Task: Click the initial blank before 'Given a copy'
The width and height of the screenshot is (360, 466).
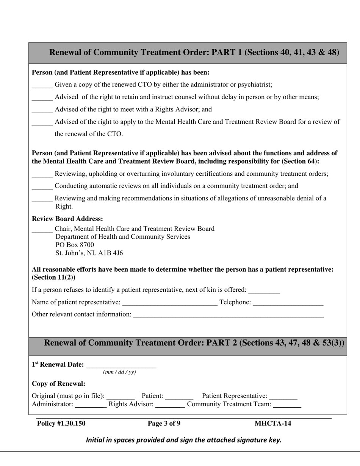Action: click(x=42, y=86)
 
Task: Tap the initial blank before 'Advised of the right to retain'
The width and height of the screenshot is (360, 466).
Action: click(x=42, y=98)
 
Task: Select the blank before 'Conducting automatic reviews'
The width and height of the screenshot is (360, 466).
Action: click(x=42, y=187)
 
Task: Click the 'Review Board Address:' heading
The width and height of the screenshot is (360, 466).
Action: click(x=67, y=219)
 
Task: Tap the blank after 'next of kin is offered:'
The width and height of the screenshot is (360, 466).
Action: click(x=264, y=291)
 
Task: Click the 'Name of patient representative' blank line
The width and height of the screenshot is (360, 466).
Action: click(x=170, y=303)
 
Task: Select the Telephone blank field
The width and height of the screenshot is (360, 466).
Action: click(x=288, y=303)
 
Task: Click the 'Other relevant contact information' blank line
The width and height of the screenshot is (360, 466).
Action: click(x=229, y=315)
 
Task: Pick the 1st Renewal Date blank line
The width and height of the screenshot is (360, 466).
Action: click(x=121, y=365)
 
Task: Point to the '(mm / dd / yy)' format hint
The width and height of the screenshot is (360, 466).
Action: click(x=119, y=372)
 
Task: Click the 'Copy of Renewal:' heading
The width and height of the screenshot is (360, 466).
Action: click(x=59, y=383)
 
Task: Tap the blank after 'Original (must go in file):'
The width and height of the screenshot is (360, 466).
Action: click(x=121, y=397)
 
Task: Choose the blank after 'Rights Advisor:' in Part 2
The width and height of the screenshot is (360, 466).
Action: click(x=170, y=405)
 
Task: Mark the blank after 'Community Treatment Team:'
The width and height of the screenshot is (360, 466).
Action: click(x=287, y=405)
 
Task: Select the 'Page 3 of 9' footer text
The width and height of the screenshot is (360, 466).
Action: click(x=164, y=424)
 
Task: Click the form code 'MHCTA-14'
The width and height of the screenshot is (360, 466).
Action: click(x=273, y=424)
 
